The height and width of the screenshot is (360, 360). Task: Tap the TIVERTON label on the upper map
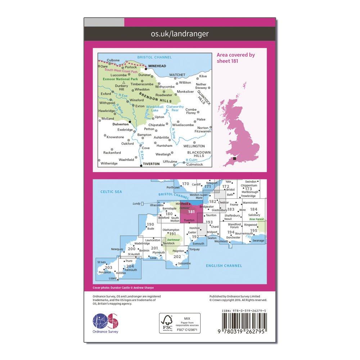click(x=151, y=164)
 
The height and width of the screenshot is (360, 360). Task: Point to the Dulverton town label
click(x=121, y=123)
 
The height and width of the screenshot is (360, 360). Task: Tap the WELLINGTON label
click(x=194, y=146)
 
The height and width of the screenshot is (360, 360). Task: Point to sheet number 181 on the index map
click(x=191, y=212)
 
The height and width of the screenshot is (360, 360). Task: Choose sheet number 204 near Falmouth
click(x=130, y=266)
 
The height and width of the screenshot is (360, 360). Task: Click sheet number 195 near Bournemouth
click(x=253, y=230)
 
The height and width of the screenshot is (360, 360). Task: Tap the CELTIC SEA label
click(x=111, y=192)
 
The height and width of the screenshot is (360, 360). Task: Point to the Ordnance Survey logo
click(x=106, y=321)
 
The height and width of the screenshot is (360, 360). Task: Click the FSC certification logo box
click(x=180, y=323)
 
